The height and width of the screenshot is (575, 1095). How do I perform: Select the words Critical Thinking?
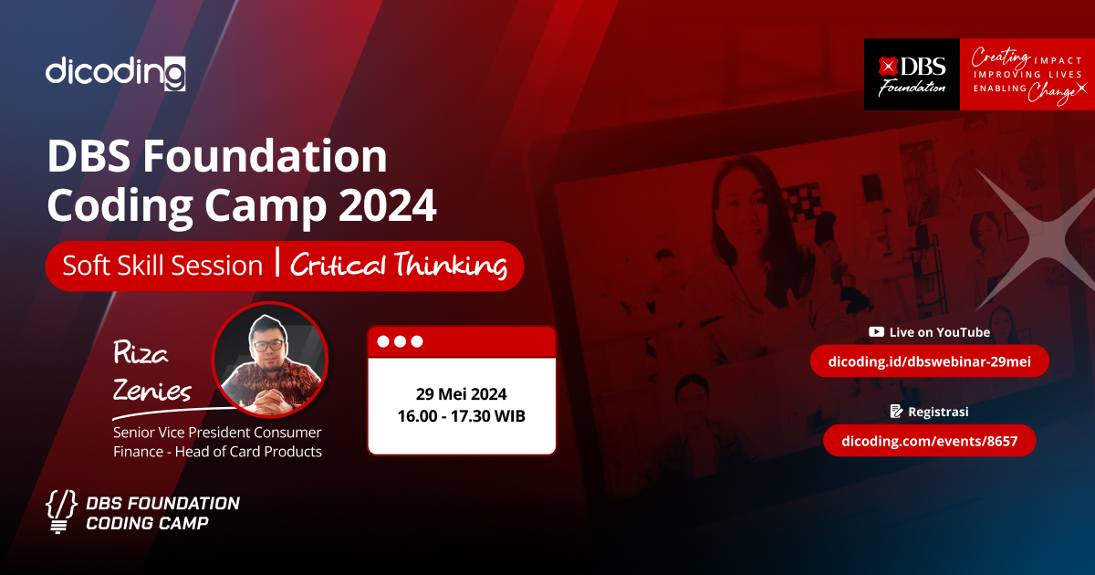pyautogui.click(x=399, y=266)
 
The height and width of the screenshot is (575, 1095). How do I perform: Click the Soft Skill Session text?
pyautogui.click(x=162, y=266)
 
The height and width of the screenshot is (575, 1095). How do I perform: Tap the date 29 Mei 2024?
pyautogui.click(x=462, y=394)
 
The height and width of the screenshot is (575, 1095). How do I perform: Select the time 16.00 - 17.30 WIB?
pyautogui.click(x=462, y=416)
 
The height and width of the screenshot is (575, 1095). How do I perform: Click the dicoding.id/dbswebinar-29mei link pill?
pyautogui.click(x=930, y=362)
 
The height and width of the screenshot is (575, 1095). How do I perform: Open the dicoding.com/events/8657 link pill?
pyautogui.click(x=930, y=441)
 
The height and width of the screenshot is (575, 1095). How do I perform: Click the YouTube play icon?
pyautogui.click(x=876, y=332)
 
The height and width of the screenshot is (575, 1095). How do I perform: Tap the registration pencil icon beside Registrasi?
pyautogui.click(x=896, y=412)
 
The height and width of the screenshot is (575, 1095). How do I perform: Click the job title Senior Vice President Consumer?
pyautogui.click(x=217, y=432)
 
